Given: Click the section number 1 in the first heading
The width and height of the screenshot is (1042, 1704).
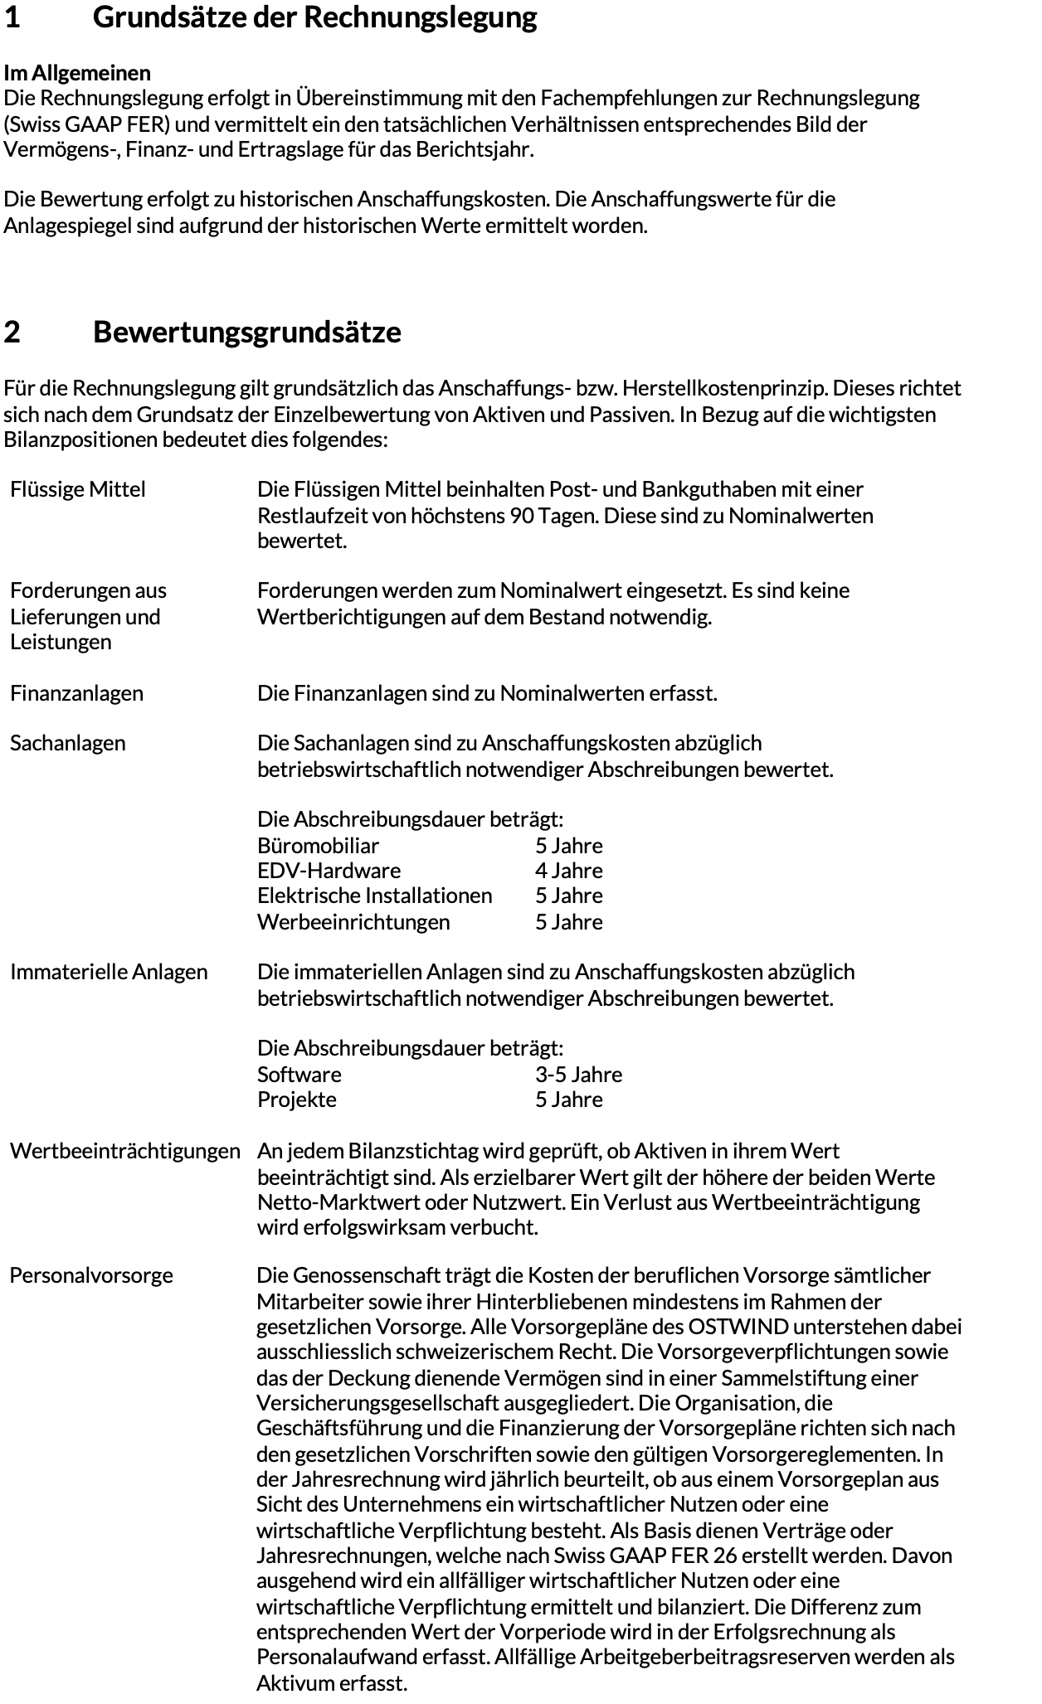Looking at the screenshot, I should click(x=12, y=17).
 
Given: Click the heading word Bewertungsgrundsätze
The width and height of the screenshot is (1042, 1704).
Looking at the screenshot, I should click(x=246, y=332).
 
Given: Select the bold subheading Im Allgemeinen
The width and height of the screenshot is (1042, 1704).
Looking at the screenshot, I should click(x=77, y=73).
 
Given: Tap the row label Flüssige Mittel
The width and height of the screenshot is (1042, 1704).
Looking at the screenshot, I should click(x=78, y=489).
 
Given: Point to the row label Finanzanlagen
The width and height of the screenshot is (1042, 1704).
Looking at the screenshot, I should click(x=76, y=693).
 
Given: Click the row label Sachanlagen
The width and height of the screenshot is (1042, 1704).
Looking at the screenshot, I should click(x=68, y=743).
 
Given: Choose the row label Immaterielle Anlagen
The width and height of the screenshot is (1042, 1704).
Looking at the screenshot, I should click(x=109, y=972).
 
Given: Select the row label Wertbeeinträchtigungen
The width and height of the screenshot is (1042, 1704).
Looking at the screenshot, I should click(x=125, y=1151).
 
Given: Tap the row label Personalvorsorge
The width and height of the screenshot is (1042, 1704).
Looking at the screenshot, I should click(x=91, y=1275).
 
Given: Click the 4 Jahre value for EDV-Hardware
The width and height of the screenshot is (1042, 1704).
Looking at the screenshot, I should click(x=568, y=871).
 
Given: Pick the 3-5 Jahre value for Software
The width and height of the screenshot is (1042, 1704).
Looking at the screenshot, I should click(x=578, y=1075).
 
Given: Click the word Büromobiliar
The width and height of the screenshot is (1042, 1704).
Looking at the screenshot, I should click(x=318, y=846).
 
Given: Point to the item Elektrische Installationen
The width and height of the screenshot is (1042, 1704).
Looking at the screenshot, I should click(x=374, y=896).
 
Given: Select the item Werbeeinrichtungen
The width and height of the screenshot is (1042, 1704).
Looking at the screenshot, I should click(x=353, y=922).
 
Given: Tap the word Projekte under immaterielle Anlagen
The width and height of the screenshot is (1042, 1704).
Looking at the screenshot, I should click(x=297, y=1100).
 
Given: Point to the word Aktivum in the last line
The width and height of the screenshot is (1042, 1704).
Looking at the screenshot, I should click(x=292, y=1683).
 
